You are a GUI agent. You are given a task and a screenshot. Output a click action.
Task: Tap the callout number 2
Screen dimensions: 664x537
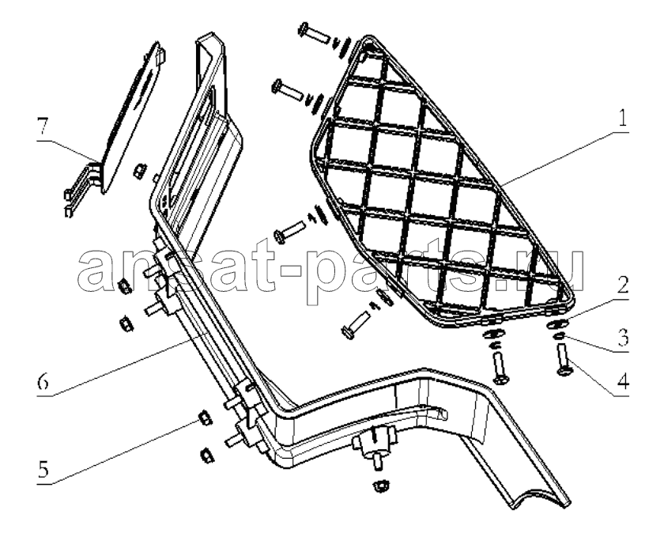tap(622, 286)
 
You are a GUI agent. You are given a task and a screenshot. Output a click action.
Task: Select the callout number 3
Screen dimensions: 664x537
tap(622, 337)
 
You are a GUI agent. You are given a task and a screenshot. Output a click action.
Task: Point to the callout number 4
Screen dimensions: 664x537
tap(623, 382)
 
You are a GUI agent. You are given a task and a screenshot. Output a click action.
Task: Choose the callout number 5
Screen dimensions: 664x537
tap(43, 470)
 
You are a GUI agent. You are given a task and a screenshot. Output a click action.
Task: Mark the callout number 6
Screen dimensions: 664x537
tap(43, 383)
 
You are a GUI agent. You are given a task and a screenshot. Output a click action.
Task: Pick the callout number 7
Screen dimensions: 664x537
tap(43, 127)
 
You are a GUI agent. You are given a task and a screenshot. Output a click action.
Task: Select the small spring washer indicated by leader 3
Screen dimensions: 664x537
tap(559, 336)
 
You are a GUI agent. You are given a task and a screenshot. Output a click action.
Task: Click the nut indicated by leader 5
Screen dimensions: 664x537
tap(206, 418)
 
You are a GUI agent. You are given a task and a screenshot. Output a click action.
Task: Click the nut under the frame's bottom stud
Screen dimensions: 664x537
tap(380, 486)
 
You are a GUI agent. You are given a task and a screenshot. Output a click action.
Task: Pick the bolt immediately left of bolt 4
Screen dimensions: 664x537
tap(500, 368)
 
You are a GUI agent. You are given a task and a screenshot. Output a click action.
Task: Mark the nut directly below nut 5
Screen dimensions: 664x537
tap(206, 456)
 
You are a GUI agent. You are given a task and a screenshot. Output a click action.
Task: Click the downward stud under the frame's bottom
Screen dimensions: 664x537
tap(376, 461)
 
